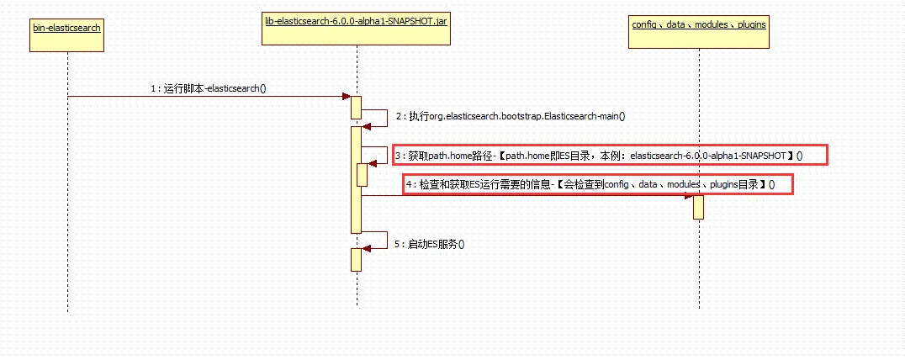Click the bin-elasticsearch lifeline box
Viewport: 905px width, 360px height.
(67, 33)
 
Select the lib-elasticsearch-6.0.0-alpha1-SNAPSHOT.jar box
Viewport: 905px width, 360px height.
(356, 26)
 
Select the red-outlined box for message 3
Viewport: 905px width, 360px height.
(611, 156)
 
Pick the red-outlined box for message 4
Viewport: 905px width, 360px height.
(597, 184)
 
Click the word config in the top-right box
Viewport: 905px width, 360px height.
(643, 24)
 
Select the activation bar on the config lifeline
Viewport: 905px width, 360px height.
(698, 206)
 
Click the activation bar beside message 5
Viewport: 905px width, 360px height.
(356, 259)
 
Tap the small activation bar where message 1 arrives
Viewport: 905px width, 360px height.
(356, 108)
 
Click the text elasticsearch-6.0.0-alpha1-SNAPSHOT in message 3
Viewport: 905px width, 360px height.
(707, 156)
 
